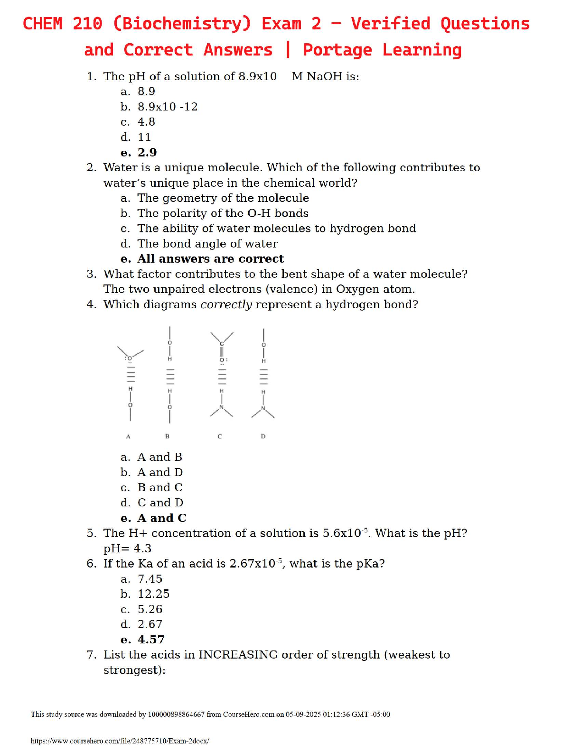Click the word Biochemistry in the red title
(182, 24)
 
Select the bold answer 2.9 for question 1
(147, 152)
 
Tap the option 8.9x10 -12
(168, 107)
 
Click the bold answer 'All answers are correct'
(210, 259)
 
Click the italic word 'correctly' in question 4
(226, 304)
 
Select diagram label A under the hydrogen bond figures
(128, 436)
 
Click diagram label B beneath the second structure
(167, 436)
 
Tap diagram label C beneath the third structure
(219, 436)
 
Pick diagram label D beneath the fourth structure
(263, 436)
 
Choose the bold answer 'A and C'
(162, 518)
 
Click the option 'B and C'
(160, 487)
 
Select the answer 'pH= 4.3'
(127, 549)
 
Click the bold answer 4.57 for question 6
(151, 640)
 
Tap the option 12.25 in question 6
(153, 594)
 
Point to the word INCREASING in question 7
(238, 655)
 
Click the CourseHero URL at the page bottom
(120, 741)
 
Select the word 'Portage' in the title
(337, 50)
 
